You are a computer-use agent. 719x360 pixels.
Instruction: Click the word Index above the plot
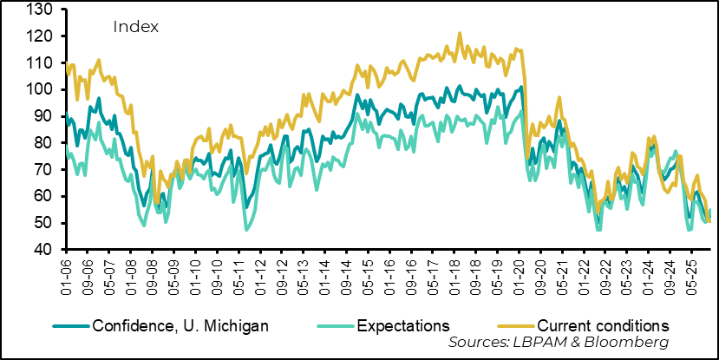click(135, 27)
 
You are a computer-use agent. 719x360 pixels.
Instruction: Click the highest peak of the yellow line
click(460, 34)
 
